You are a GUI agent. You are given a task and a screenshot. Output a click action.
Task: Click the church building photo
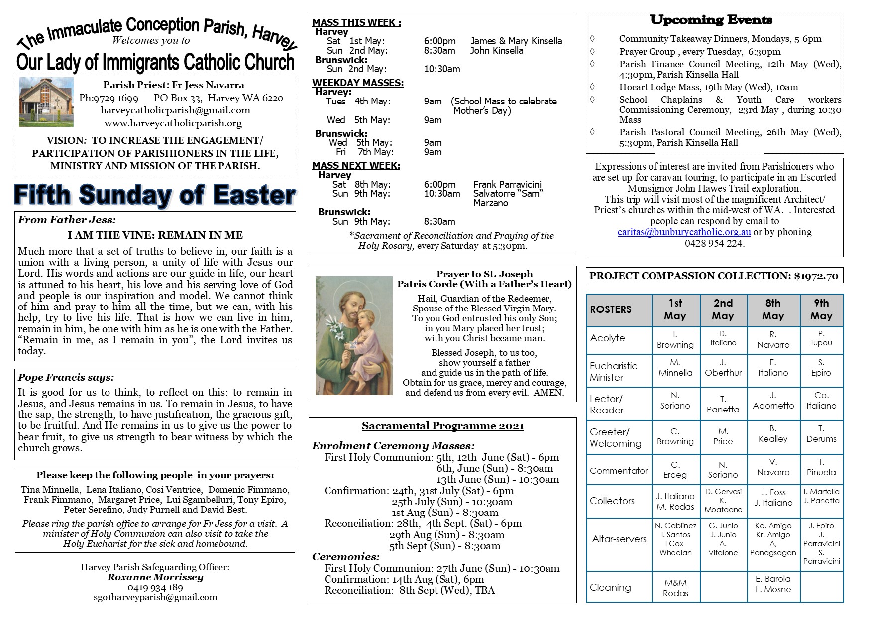[x=46, y=102]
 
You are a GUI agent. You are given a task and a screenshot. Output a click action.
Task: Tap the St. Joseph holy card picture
[x=354, y=335]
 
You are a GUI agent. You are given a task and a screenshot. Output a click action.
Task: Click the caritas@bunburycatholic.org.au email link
[x=684, y=232]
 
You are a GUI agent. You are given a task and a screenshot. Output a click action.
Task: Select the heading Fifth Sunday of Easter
[x=155, y=195]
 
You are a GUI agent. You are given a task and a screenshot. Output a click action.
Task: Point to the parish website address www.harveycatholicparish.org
[x=173, y=123]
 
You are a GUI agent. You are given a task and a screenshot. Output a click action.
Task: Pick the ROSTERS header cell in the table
[x=619, y=309]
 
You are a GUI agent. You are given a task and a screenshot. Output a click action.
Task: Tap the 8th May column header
[x=773, y=309]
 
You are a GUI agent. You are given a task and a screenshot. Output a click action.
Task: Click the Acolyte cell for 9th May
[x=821, y=338]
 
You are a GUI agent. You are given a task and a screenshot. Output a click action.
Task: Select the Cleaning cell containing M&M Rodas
[x=675, y=588]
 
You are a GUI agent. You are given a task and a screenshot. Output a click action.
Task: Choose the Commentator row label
[x=619, y=470]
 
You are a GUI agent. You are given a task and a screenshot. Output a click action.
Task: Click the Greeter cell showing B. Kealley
[x=773, y=434]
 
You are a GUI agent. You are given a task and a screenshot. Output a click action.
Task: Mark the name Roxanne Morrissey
[x=155, y=577]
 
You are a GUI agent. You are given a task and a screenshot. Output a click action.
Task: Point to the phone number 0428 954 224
[x=714, y=243]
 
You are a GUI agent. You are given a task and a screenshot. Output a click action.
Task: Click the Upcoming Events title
[x=711, y=20]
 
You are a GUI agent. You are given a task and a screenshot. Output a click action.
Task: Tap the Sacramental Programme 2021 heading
[x=442, y=426]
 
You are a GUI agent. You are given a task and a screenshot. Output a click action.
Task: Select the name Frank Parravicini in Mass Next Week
[x=507, y=185]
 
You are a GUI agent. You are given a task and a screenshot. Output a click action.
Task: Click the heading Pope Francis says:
[x=66, y=377]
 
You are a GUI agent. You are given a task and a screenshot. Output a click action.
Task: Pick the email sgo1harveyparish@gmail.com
[x=155, y=597]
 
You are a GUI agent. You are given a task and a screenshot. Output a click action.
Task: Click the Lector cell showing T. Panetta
[x=723, y=405]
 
